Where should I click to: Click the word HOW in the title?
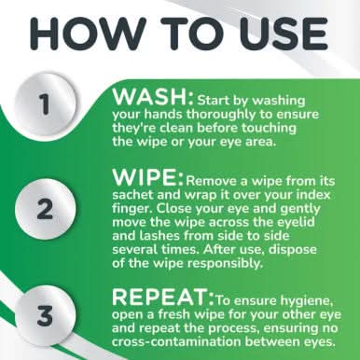[x=88, y=33]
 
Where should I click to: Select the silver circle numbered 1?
[x=45, y=104]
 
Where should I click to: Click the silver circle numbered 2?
[x=45, y=210]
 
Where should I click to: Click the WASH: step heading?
[x=153, y=97]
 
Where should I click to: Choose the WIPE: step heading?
[x=147, y=177]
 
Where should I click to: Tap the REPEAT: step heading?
[x=163, y=297]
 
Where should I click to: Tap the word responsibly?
[x=226, y=264]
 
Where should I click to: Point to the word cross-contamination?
[x=176, y=341]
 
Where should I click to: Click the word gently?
[x=300, y=209]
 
